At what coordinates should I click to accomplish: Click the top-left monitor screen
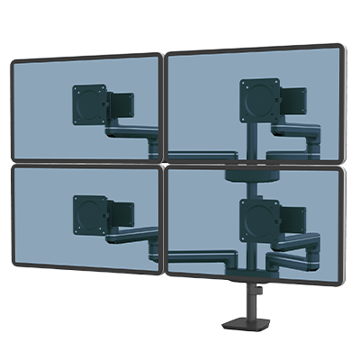[x=45, y=108]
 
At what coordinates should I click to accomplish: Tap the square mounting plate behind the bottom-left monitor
[x=91, y=213]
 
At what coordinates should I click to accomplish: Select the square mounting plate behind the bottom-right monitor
[x=258, y=217]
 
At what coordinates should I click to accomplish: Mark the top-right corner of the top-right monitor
[x=342, y=44]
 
